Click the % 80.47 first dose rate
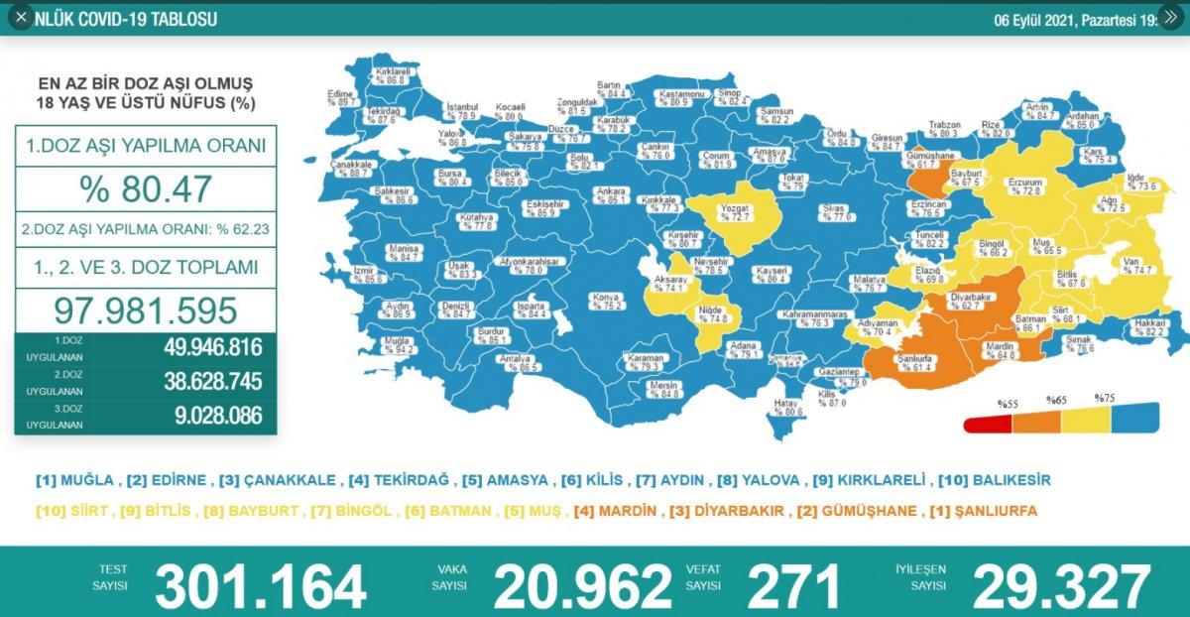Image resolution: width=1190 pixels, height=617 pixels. pos(146,187)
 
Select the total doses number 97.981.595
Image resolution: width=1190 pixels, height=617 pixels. pos(146,309)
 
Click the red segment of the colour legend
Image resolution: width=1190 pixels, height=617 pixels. pos(987,424)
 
